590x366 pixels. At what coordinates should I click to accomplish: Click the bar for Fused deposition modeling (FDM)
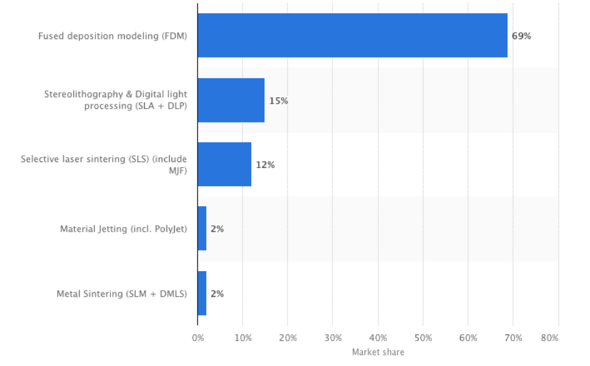pyautogui.click(x=352, y=36)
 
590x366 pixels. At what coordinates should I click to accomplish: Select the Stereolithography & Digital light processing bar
pyautogui.click(x=231, y=100)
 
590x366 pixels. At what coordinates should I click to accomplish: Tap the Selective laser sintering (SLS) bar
pyautogui.click(x=224, y=164)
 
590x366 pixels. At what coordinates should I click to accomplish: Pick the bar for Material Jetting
pyautogui.click(x=202, y=229)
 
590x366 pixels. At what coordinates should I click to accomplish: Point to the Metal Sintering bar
pyautogui.click(x=202, y=293)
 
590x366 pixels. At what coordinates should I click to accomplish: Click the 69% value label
pyautogui.click(x=521, y=36)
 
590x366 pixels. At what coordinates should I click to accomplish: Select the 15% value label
pyautogui.click(x=279, y=101)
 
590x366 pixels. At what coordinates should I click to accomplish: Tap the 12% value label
pyautogui.click(x=265, y=165)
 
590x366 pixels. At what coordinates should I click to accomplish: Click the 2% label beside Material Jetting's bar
pyautogui.click(x=217, y=229)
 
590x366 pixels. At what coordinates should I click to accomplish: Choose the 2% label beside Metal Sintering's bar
pyautogui.click(x=217, y=294)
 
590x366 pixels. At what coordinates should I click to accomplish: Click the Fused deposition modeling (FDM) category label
pyautogui.click(x=112, y=36)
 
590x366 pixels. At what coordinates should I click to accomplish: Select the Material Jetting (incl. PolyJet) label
pyautogui.click(x=123, y=229)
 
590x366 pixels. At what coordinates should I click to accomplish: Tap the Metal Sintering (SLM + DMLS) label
pyautogui.click(x=122, y=294)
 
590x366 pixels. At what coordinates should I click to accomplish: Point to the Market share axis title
pyautogui.click(x=378, y=352)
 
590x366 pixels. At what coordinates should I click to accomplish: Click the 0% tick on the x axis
pyautogui.click(x=197, y=338)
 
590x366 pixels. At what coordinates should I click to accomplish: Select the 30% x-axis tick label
pyautogui.click(x=333, y=338)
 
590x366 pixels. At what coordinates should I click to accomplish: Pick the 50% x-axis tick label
pyautogui.click(x=423, y=338)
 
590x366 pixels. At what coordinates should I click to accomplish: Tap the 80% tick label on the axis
pyautogui.click(x=550, y=338)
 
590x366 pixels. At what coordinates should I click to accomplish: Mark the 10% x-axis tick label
pyautogui.click(x=242, y=338)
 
